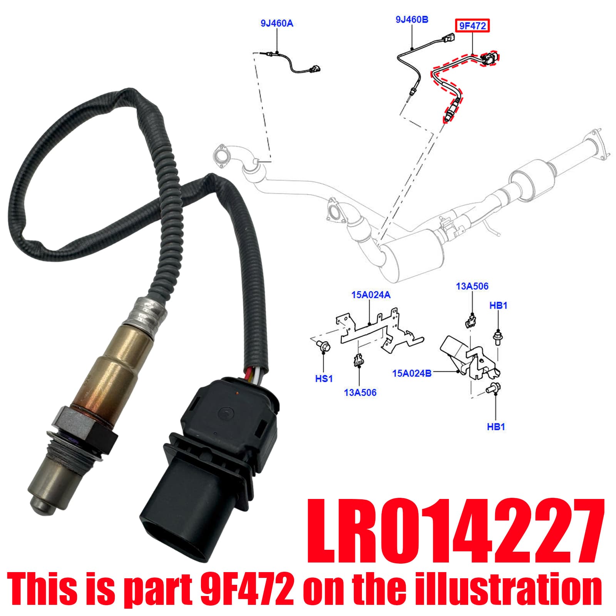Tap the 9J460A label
click(277, 23)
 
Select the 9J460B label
click(412, 19)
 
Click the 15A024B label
click(412, 373)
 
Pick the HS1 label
click(324, 379)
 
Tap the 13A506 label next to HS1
click(360, 393)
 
